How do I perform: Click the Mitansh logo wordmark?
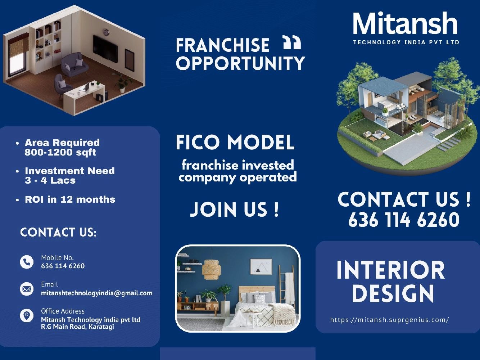tap(405, 24)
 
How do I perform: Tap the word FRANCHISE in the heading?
tap(222, 45)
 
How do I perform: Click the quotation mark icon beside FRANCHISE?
tap(291, 42)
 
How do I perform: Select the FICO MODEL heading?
tap(235, 142)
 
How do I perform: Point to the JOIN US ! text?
tap(235, 210)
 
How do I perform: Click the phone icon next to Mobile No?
tap(27, 262)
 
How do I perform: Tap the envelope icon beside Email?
tap(27, 289)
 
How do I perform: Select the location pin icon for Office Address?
tap(27, 315)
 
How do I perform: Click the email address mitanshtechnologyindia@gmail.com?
tap(96, 293)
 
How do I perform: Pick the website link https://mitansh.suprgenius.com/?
tap(389, 320)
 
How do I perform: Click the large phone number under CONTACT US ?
tap(404, 220)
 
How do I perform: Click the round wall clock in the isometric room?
tap(106, 32)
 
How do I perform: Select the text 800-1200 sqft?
tap(60, 152)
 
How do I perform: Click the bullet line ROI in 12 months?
tap(70, 199)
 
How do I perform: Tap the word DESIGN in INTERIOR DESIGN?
tap(393, 293)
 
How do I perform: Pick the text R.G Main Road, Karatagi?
tap(77, 327)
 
